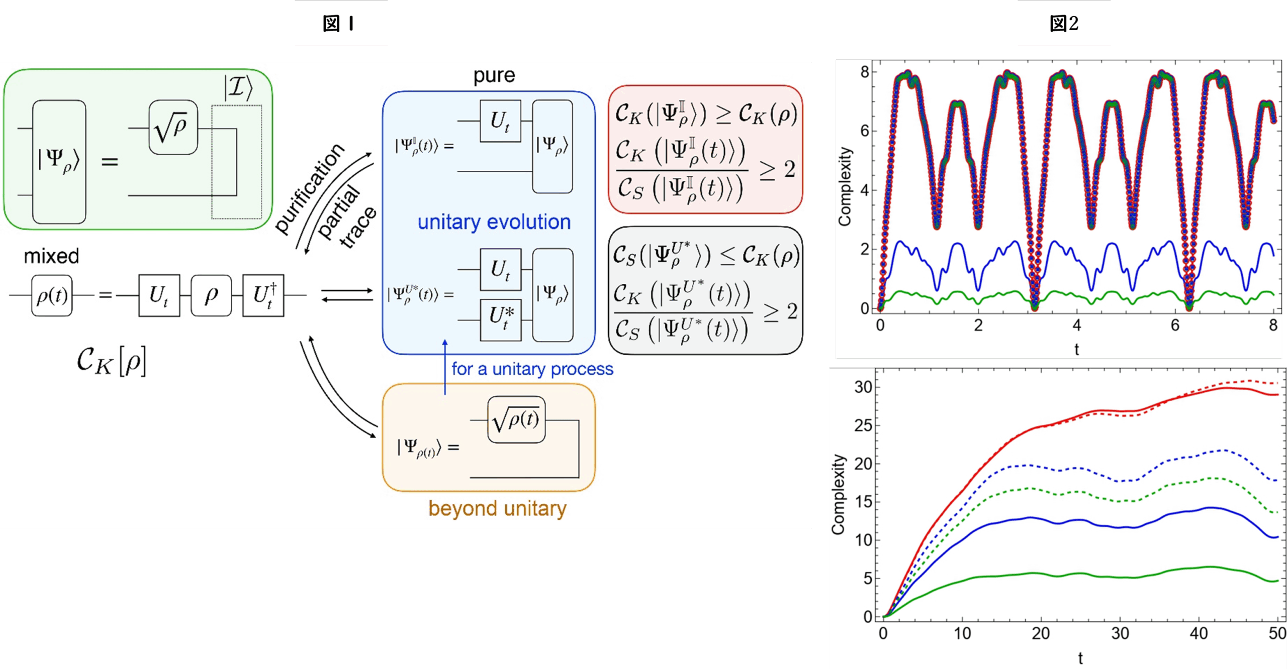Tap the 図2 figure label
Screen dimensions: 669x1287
pyautogui.click(x=1064, y=23)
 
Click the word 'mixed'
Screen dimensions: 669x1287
pyautogui.click(x=51, y=256)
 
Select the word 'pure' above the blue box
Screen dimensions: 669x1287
pyautogui.click(x=494, y=75)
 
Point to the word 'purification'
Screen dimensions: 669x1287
pyautogui.click(x=310, y=188)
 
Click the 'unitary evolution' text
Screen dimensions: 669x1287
pyautogui.click(x=494, y=222)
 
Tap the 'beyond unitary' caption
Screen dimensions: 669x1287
pyautogui.click(x=497, y=508)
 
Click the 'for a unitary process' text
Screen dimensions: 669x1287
pyautogui.click(x=532, y=369)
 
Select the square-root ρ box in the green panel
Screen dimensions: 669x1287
pyautogui.click(x=173, y=128)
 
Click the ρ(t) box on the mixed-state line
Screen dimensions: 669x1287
pyautogui.click(x=52, y=295)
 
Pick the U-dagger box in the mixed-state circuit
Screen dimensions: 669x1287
pyautogui.click(x=263, y=295)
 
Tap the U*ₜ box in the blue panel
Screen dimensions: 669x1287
pyautogui.click(x=501, y=319)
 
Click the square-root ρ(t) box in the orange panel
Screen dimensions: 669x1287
pyautogui.click(x=516, y=420)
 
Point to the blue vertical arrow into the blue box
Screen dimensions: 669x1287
pyautogui.click(x=445, y=367)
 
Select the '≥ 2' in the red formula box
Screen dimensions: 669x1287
pyautogui.click(x=777, y=170)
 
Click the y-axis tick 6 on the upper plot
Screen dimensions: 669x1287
pyautogui.click(x=864, y=131)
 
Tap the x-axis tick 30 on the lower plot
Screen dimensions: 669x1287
pyautogui.click(x=1120, y=633)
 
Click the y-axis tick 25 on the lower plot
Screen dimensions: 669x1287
pyautogui.click(x=863, y=425)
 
